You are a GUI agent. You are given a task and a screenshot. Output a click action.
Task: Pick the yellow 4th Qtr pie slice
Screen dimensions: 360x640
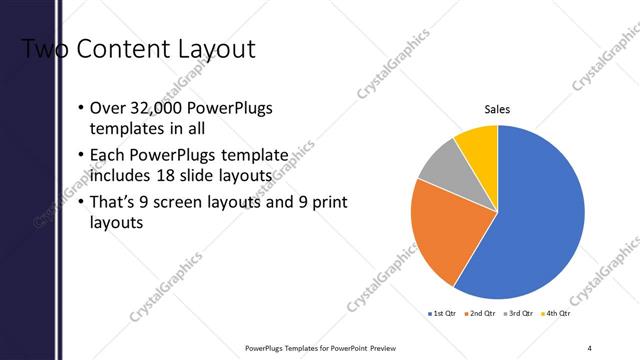click(x=477, y=145)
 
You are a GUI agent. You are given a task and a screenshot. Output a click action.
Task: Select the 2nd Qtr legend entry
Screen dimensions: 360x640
click(x=481, y=314)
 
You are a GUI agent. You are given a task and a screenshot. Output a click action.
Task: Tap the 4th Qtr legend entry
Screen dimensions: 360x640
click(x=555, y=314)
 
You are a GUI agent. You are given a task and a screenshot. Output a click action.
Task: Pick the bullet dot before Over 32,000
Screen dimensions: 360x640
click(x=81, y=108)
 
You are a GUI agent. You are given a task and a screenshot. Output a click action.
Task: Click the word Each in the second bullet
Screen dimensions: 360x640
click(x=107, y=156)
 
